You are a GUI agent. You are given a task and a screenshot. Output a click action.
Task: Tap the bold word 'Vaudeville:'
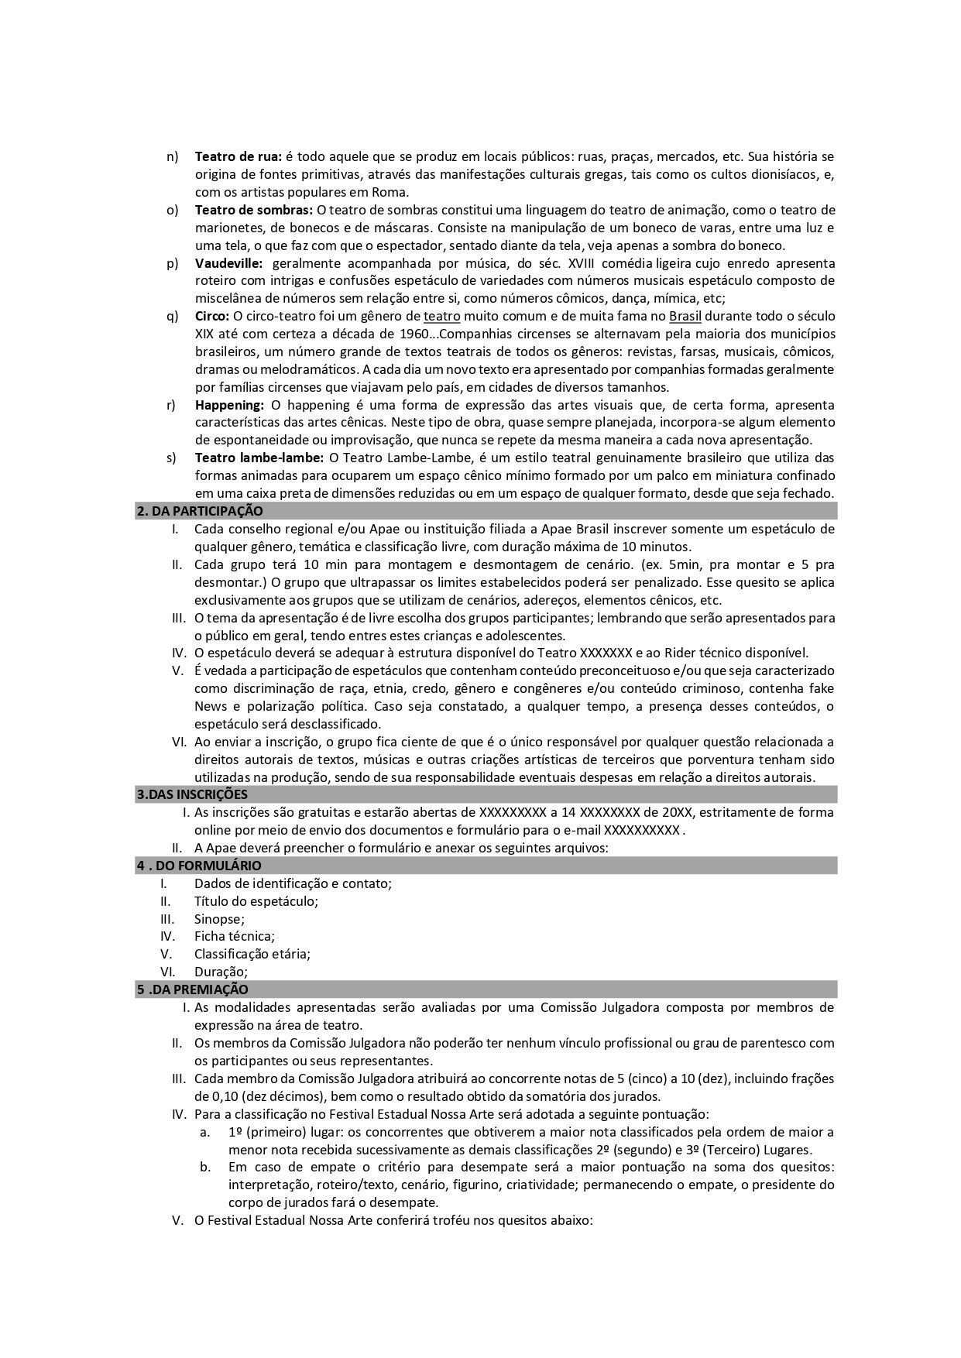(228, 263)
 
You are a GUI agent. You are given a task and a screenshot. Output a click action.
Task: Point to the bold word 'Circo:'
(212, 316)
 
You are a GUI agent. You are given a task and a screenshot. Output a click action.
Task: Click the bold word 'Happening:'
(229, 405)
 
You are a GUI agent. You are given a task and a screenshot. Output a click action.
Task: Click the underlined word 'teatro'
(441, 316)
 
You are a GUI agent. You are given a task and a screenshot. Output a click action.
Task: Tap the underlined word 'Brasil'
(685, 316)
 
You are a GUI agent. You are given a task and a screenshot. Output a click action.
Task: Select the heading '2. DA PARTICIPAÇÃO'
(200, 511)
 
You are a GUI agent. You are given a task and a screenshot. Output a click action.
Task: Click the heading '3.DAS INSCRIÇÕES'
(192, 794)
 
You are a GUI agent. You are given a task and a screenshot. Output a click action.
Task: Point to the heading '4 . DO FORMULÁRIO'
(199, 866)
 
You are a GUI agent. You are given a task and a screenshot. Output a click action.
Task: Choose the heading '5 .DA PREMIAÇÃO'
(193, 989)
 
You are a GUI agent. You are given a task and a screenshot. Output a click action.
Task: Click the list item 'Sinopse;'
(219, 919)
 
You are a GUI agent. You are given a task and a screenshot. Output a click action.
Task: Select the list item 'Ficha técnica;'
(234, 936)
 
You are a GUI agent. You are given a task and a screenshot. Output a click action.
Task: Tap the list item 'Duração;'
(221, 972)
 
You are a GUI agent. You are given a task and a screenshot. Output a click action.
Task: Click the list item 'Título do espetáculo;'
(256, 901)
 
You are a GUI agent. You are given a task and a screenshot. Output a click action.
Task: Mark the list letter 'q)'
(172, 316)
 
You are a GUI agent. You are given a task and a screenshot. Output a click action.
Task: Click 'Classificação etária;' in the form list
(252, 954)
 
